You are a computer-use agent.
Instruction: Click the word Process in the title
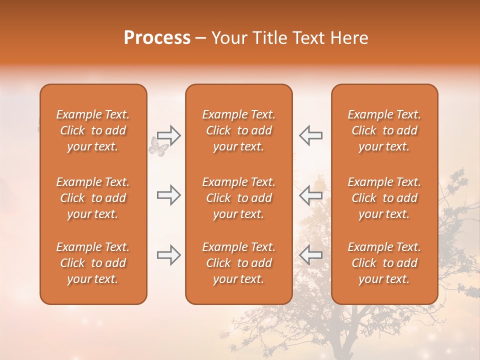(157, 38)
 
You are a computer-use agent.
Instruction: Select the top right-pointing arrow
(168, 135)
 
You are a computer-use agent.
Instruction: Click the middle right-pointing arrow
(168, 195)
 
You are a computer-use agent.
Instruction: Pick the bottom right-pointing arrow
(168, 255)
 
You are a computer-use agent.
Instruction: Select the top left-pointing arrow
(310, 135)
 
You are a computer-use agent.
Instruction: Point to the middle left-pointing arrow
(310, 195)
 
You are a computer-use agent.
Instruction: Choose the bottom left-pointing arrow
(310, 255)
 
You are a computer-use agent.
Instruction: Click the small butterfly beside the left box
(159, 147)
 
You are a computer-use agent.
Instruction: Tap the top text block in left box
(93, 130)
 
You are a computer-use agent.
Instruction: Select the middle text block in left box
(93, 198)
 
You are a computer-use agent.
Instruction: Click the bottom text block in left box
(93, 263)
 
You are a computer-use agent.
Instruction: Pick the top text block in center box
(239, 130)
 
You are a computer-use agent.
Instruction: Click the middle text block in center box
(239, 198)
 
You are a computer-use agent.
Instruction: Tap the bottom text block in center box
(239, 263)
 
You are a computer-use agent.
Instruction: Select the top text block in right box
(384, 130)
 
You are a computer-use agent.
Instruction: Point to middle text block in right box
(384, 198)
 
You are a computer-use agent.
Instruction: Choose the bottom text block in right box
(384, 263)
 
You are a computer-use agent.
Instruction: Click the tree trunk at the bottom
(344, 345)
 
